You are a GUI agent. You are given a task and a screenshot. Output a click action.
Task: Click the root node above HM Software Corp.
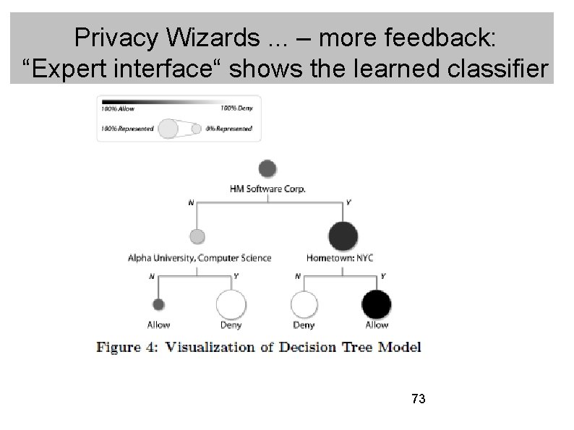[x=267, y=168]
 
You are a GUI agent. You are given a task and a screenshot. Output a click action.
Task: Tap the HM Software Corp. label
[x=267, y=189]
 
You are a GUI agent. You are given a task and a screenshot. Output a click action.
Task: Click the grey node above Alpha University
[x=197, y=236]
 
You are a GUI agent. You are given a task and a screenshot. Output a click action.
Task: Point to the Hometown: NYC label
[x=339, y=258]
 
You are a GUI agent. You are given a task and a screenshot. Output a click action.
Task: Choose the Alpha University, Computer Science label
[x=199, y=258]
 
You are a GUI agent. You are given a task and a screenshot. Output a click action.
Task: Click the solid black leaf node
[x=376, y=304]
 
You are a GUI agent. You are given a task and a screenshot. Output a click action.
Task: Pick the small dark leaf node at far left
[x=159, y=304]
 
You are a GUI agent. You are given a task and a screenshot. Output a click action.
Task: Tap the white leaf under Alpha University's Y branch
[x=231, y=304]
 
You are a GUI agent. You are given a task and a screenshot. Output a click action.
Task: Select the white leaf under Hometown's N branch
[x=304, y=304]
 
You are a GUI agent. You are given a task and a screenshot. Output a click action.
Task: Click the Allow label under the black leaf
[x=376, y=325]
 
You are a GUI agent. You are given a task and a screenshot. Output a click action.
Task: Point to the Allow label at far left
[x=159, y=325]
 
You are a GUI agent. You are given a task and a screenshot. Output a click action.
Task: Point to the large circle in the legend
[x=168, y=128]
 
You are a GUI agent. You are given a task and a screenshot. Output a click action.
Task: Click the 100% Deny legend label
[x=236, y=108]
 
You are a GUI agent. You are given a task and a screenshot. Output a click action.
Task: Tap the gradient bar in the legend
[x=176, y=100]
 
